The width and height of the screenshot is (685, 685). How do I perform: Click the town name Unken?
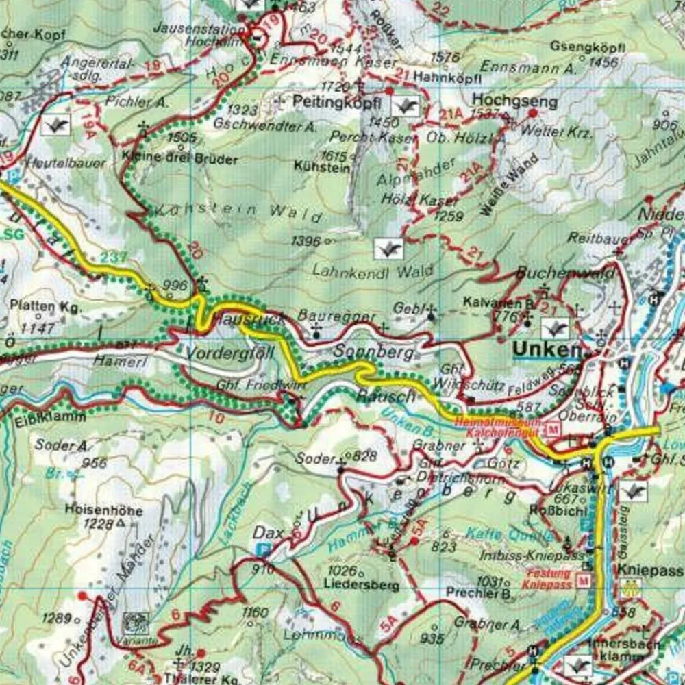[x=547, y=349]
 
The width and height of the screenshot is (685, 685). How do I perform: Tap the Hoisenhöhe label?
[x=104, y=511]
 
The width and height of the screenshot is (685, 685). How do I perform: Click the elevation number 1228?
[x=99, y=524]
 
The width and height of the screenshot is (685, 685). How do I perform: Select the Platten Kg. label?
[x=45, y=307]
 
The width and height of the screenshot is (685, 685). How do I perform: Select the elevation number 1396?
[x=306, y=240]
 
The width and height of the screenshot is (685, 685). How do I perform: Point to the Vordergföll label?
[x=230, y=353]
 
